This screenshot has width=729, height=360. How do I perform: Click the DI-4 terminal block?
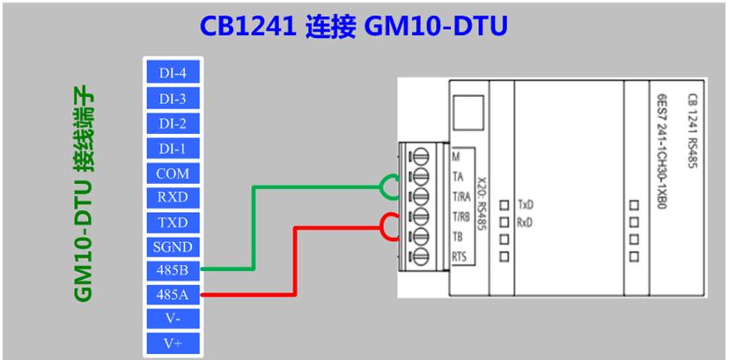pyautogui.click(x=173, y=73)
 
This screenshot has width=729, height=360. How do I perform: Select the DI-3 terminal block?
pyautogui.click(x=173, y=98)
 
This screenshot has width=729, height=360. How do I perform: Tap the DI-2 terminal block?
pyautogui.click(x=173, y=123)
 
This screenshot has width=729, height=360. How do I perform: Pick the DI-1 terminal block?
pyautogui.click(x=173, y=148)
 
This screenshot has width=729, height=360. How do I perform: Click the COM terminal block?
pyautogui.click(x=173, y=173)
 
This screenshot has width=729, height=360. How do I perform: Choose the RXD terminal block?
pyautogui.click(x=173, y=196)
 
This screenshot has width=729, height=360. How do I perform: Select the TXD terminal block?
pyautogui.click(x=173, y=222)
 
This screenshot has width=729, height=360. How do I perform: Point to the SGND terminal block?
pyautogui.click(x=173, y=246)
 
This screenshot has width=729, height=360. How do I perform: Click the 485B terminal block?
pyautogui.click(x=173, y=269)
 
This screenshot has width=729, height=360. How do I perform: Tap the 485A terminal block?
pyautogui.click(x=173, y=294)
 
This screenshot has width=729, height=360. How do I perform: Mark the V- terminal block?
pyautogui.click(x=173, y=318)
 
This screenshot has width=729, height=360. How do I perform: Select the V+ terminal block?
pyautogui.click(x=173, y=342)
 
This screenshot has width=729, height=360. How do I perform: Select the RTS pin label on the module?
pyautogui.click(x=459, y=256)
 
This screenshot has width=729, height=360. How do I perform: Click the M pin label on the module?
pyautogui.click(x=455, y=157)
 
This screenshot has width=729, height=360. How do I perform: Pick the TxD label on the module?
pyautogui.click(x=526, y=203)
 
